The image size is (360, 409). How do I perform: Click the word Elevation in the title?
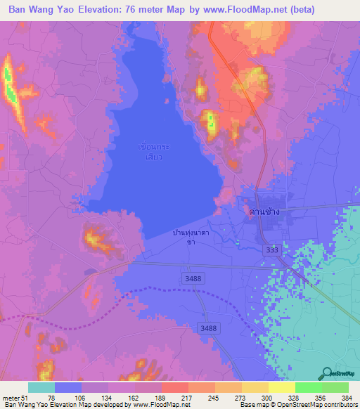coord(108,9)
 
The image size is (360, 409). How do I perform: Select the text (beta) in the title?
coord(314,9)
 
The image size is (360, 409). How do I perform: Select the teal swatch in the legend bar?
coord(41,387)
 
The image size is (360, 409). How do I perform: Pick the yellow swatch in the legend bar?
coord(281,387)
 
